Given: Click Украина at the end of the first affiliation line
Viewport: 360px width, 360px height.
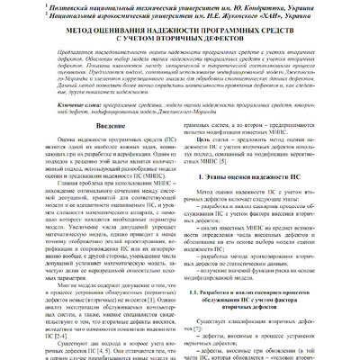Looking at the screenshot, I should (x=328, y=6).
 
